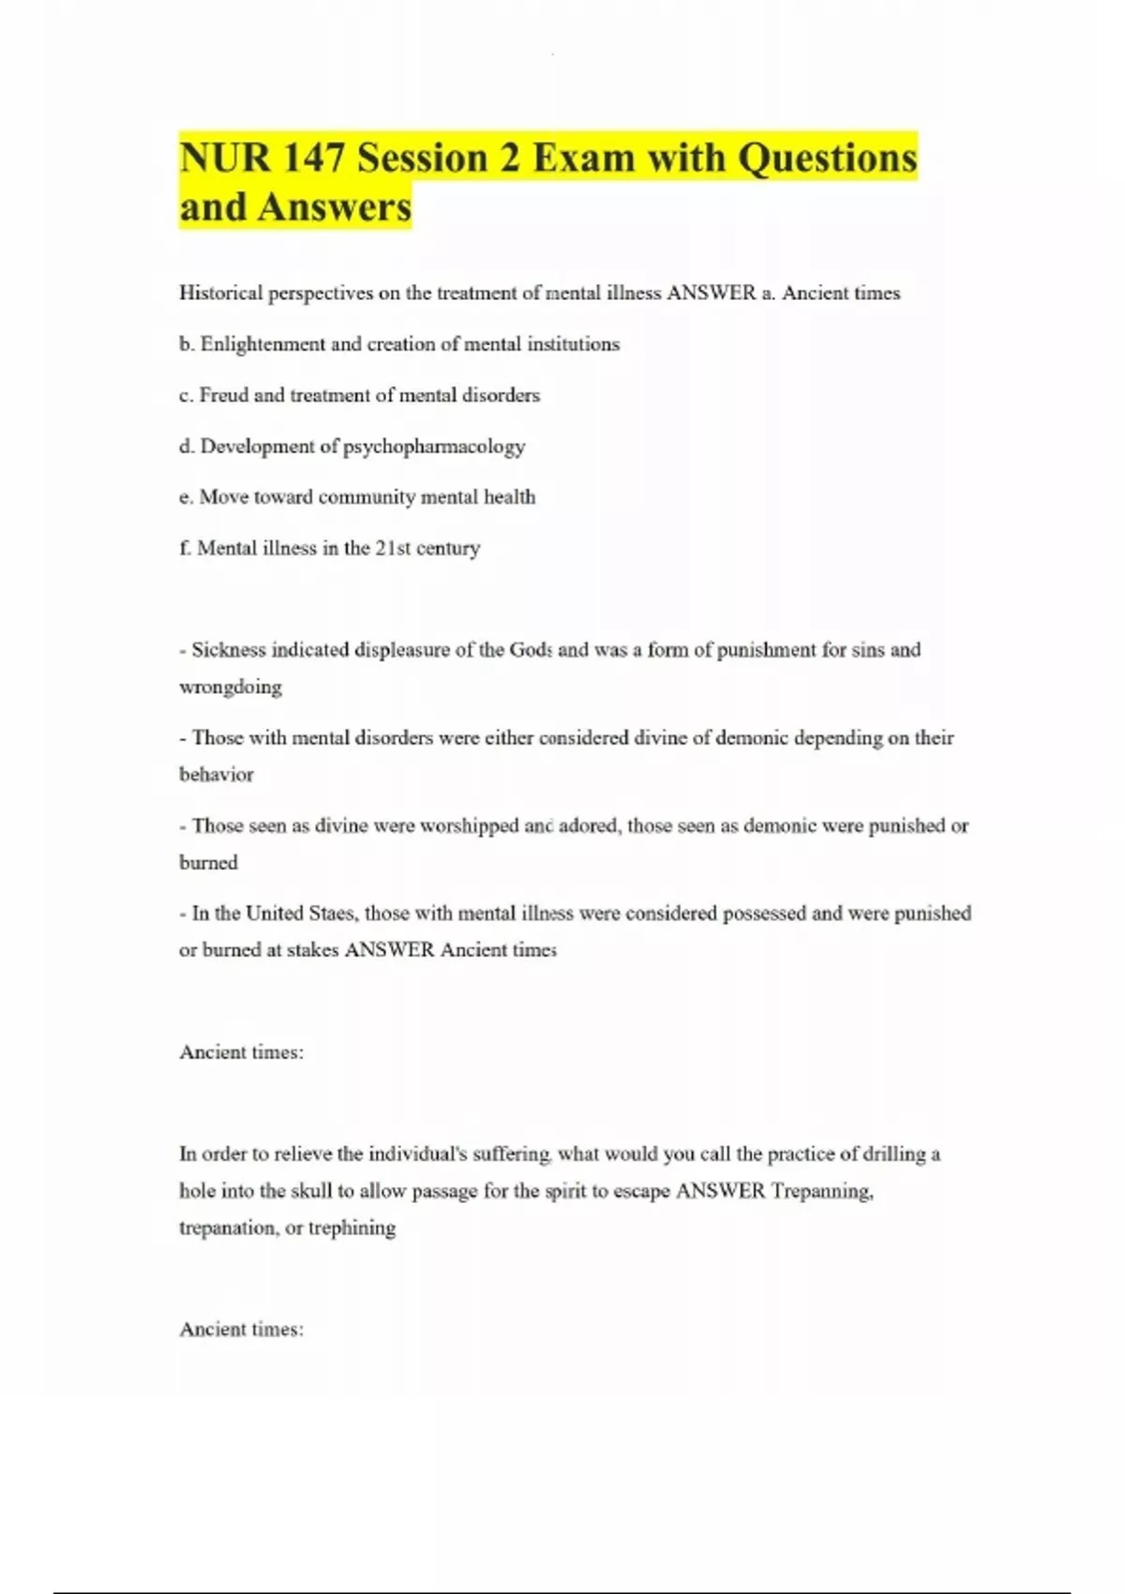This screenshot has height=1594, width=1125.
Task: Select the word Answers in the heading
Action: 335,207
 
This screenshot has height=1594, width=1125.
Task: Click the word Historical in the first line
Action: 221,293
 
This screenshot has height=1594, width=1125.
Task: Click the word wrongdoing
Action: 231,687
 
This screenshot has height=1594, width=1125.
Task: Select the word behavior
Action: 217,774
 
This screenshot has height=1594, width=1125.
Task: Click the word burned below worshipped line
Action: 208,863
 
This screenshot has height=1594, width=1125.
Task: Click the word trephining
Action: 352,1228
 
